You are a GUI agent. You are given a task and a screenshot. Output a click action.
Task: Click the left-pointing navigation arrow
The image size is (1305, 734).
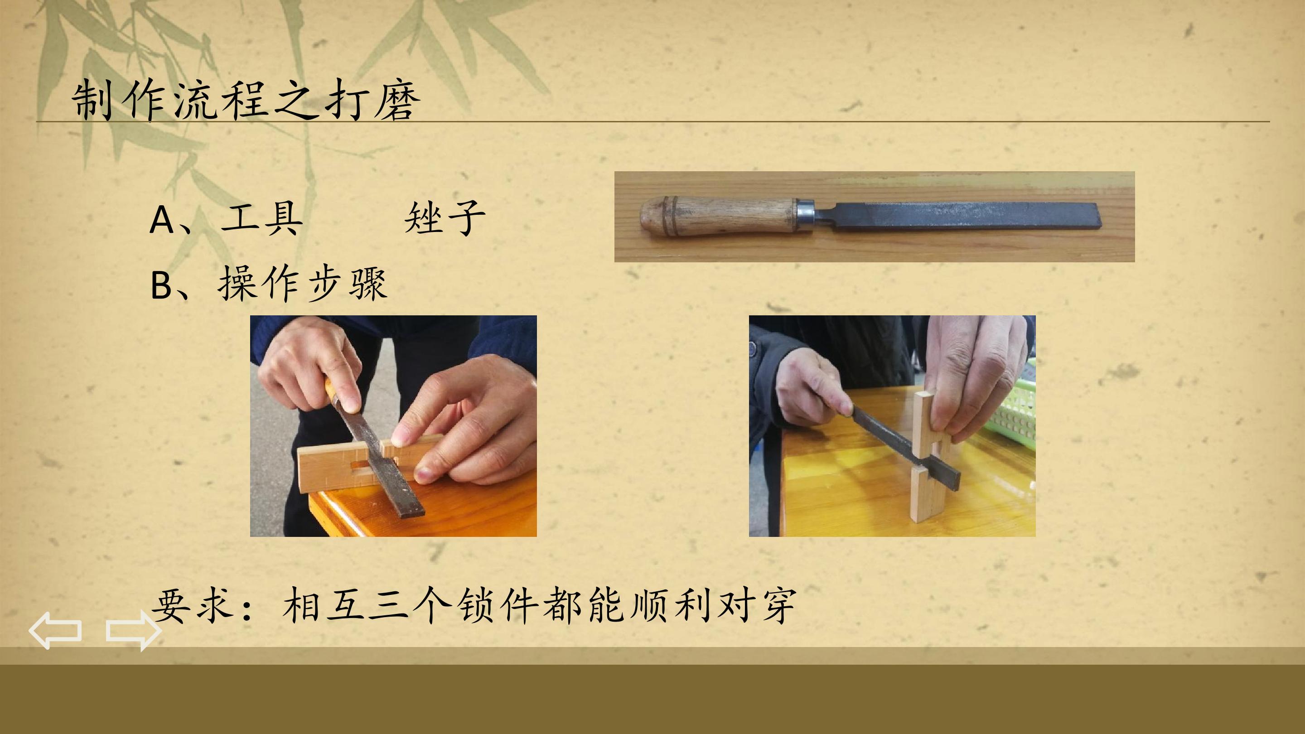tap(55, 630)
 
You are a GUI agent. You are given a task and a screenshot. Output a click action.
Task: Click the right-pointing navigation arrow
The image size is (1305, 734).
tap(134, 630)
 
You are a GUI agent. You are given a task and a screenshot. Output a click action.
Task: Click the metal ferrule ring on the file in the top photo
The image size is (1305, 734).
tap(805, 216)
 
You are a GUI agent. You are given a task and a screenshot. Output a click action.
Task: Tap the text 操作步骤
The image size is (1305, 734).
tap(303, 284)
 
